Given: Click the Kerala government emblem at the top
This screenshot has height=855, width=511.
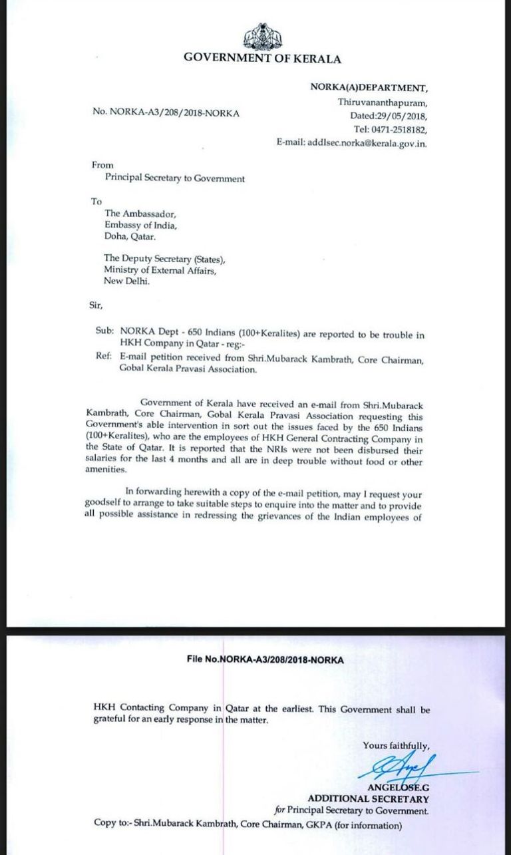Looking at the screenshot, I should [262, 37].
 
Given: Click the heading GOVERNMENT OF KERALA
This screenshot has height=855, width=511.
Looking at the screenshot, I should [262, 59].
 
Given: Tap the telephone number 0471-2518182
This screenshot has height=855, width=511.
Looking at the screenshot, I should [399, 129].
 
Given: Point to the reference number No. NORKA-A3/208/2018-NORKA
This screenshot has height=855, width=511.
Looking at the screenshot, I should [166, 113].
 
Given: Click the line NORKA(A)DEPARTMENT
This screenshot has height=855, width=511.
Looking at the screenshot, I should [368, 88].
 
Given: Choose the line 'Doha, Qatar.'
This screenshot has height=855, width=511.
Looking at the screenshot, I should [130, 236].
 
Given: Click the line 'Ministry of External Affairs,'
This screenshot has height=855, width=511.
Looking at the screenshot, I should [160, 270].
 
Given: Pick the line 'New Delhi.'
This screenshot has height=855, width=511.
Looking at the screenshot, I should [127, 281].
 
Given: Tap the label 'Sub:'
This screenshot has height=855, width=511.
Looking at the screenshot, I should [105, 330].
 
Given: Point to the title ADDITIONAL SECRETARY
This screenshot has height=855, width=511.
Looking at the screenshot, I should [368, 798].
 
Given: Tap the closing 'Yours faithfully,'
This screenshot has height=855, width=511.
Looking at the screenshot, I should [396, 745].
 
